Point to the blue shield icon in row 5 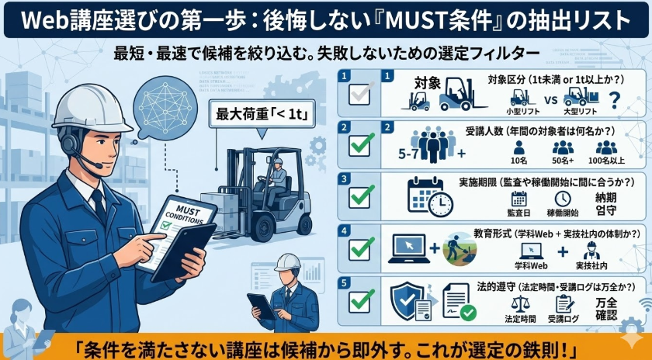pos(407,299)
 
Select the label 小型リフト pos(519,111)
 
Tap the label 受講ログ pos(564,318)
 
